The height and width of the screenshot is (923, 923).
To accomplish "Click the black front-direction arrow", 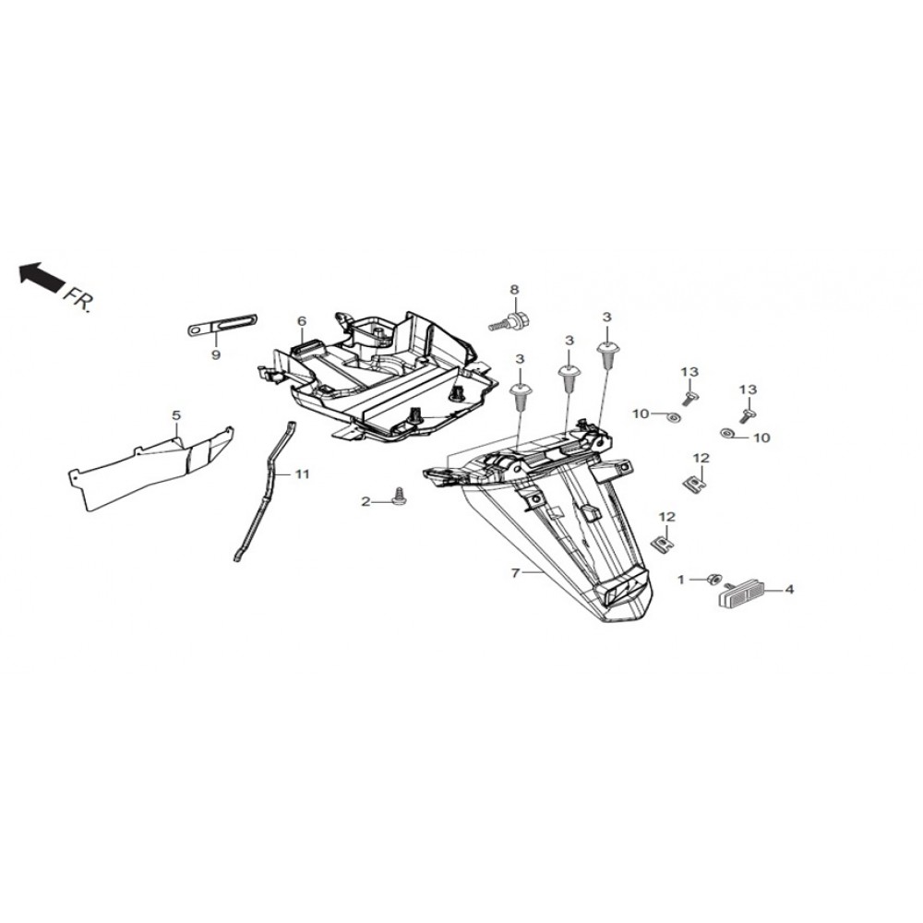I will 39,275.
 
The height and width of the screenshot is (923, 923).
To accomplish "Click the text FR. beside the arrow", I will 78,299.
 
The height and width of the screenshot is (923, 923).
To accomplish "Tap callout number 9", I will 215,354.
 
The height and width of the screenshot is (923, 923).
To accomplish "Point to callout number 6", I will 301,321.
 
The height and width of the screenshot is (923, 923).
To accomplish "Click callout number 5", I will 176,416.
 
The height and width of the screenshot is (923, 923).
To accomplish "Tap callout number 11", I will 303,473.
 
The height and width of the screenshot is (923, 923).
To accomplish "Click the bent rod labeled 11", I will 267,489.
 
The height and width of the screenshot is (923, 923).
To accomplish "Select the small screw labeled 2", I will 401,497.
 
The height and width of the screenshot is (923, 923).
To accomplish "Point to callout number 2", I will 366,501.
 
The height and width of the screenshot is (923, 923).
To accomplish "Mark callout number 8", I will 515,291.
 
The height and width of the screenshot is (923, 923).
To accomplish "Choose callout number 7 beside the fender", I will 515,573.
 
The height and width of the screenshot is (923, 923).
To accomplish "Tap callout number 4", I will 788,588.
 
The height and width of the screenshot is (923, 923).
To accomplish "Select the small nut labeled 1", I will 713,579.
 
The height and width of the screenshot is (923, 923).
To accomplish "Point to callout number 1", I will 682,580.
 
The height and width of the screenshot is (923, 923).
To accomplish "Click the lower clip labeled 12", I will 662,542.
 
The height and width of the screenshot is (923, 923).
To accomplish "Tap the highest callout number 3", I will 606,318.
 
